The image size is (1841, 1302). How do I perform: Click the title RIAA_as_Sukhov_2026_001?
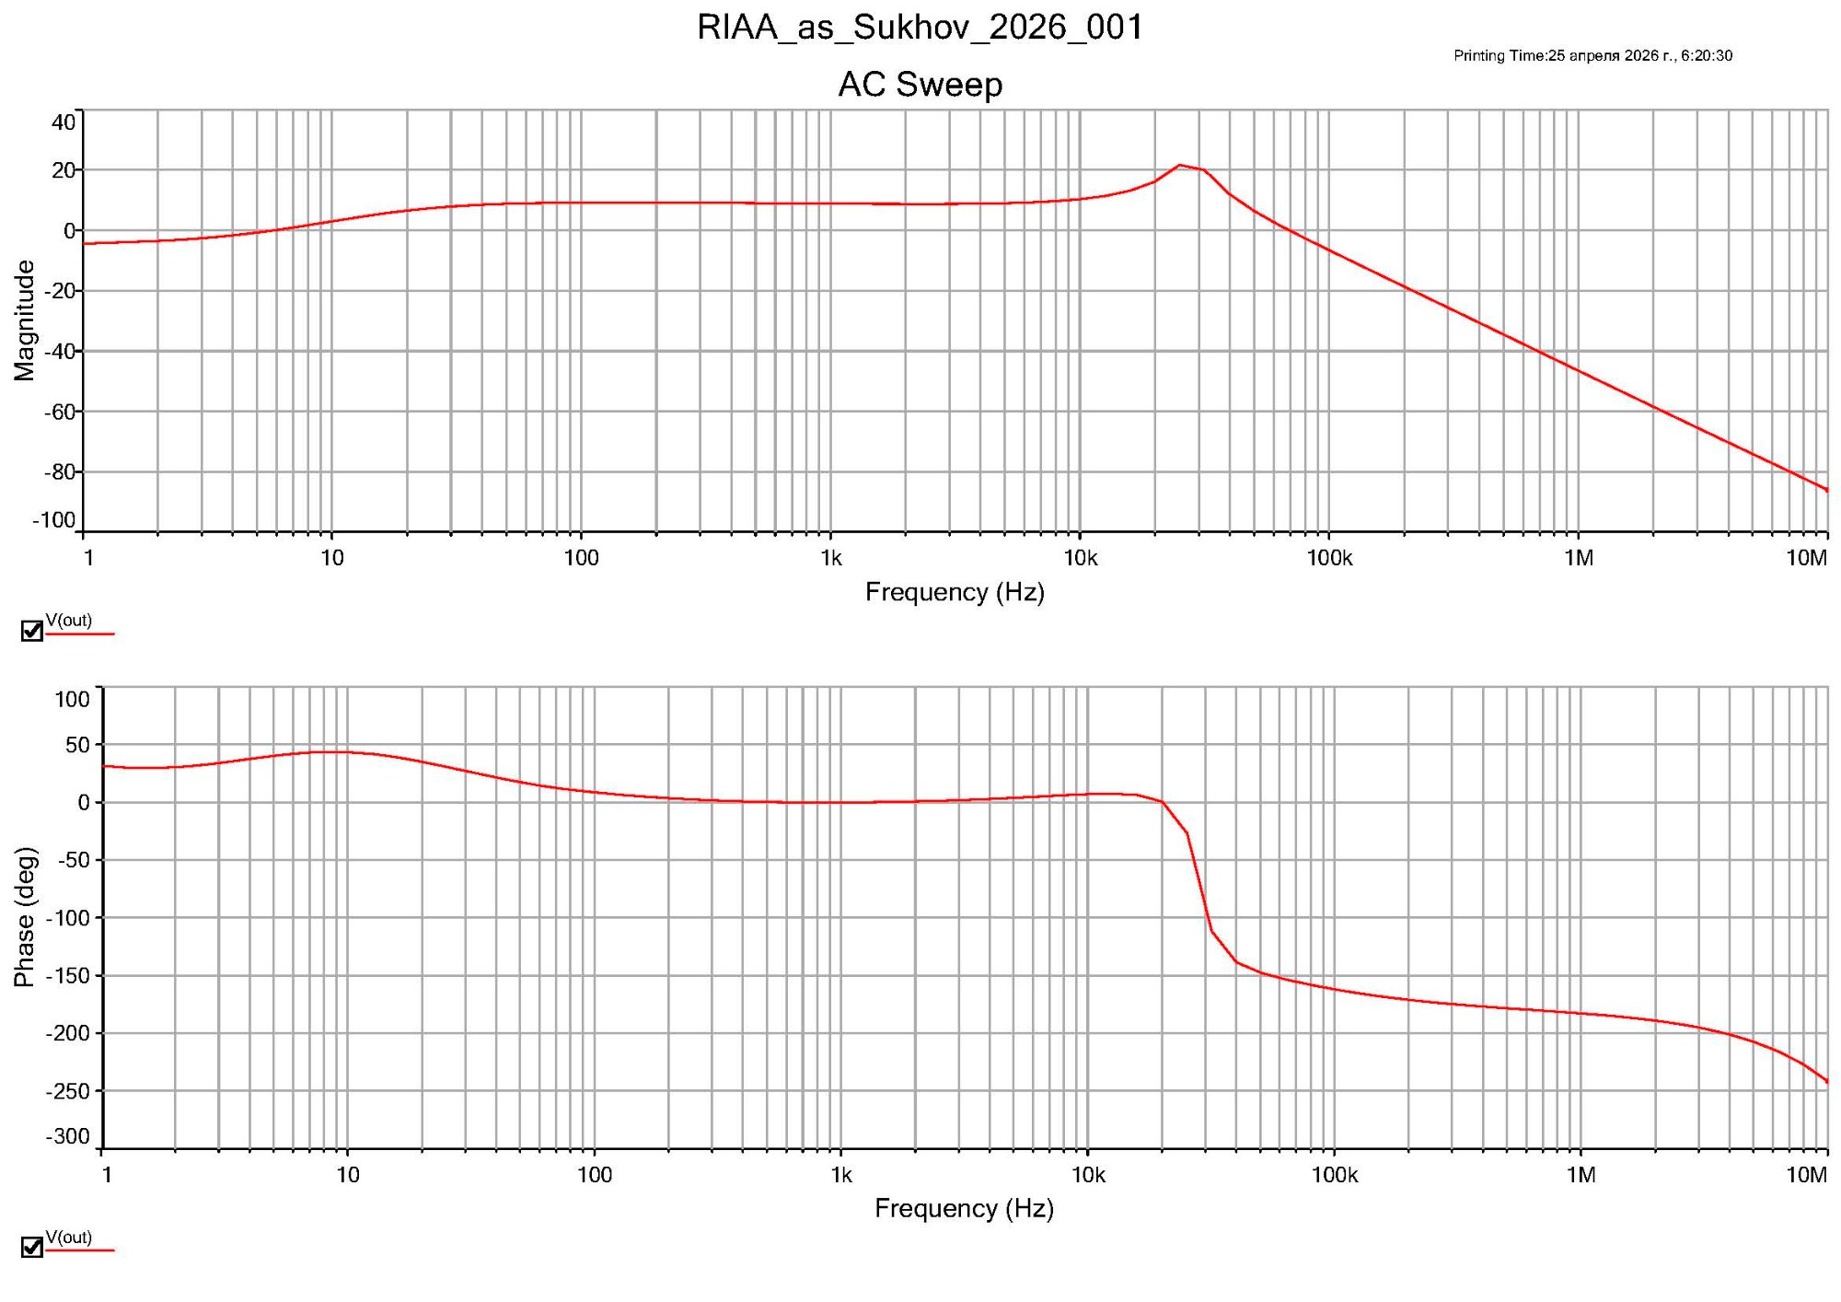pyautogui.click(x=920, y=28)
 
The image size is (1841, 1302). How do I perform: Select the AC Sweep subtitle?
pyautogui.click(x=920, y=85)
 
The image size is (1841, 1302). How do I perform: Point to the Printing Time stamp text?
pyautogui.click(x=1592, y=56)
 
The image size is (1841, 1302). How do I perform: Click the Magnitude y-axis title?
pyautogui.click(x=25, y=320)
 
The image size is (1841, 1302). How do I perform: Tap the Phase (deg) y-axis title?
pyautogui.click(x=25, y=917)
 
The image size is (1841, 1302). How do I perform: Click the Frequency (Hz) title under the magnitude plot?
pyautogui.click(x=955, y=592)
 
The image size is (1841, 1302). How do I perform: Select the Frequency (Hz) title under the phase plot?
pyautogui.click(x=964, y=1208)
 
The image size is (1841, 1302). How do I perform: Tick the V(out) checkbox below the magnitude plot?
pyautogui.click(x=32, y=631)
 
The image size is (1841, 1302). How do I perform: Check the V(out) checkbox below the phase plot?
pyautogui.click(x=32, y=1247)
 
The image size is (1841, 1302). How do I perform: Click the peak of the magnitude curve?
pyautogui.click(x=1179, y=166)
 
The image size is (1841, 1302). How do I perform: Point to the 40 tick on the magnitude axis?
pyautogui.click(x=64, y=122)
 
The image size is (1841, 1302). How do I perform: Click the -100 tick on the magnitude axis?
pyautogui.click(x=55, y=520)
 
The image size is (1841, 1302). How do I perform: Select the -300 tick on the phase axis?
pyautogui.click(x=69, y=1136)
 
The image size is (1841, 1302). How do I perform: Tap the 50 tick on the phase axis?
pyautogui.click(x=77, y=745)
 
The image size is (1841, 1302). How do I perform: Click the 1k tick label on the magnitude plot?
pyautogui.click(x=831, y=558)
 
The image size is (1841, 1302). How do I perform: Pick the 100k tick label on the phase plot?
pyautogui.click(x=1335, y=1175)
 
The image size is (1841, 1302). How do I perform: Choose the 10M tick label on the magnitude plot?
pyautogui.click(x=1805, y=558)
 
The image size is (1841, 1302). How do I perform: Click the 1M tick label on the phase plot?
pyautogui.click(x=1580, y=1175)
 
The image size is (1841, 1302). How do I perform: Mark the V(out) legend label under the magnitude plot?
pyautogui.click(x=69, y=621)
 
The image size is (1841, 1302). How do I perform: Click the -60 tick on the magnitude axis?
pyautogui.click(x=60, y=412)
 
